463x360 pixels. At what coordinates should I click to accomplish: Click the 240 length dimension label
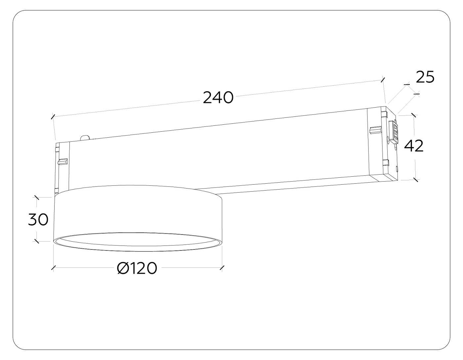[x=218, y=98]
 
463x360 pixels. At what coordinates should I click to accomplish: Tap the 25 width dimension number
[x=425, y=77]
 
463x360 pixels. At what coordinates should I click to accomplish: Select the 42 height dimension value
[x=414, y=146]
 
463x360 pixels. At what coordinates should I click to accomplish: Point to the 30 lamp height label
[x=38, y=219]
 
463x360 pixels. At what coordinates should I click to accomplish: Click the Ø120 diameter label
[x=137, y=268]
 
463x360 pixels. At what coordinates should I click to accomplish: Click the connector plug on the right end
[x=394, y=132]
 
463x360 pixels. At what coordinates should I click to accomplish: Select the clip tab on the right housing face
[x=375, y=130]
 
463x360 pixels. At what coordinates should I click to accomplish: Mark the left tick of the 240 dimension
[x=53, y=116]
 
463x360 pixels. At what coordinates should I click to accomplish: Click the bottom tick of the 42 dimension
[x=416, y=180]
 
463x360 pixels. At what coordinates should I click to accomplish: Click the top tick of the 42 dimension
[x=413, y=115]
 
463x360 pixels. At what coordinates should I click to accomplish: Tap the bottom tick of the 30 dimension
[x=37, y=241]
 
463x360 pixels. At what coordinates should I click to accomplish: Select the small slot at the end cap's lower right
[x=397, y=169]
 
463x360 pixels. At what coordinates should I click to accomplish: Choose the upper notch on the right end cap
[x=384, y=114]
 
